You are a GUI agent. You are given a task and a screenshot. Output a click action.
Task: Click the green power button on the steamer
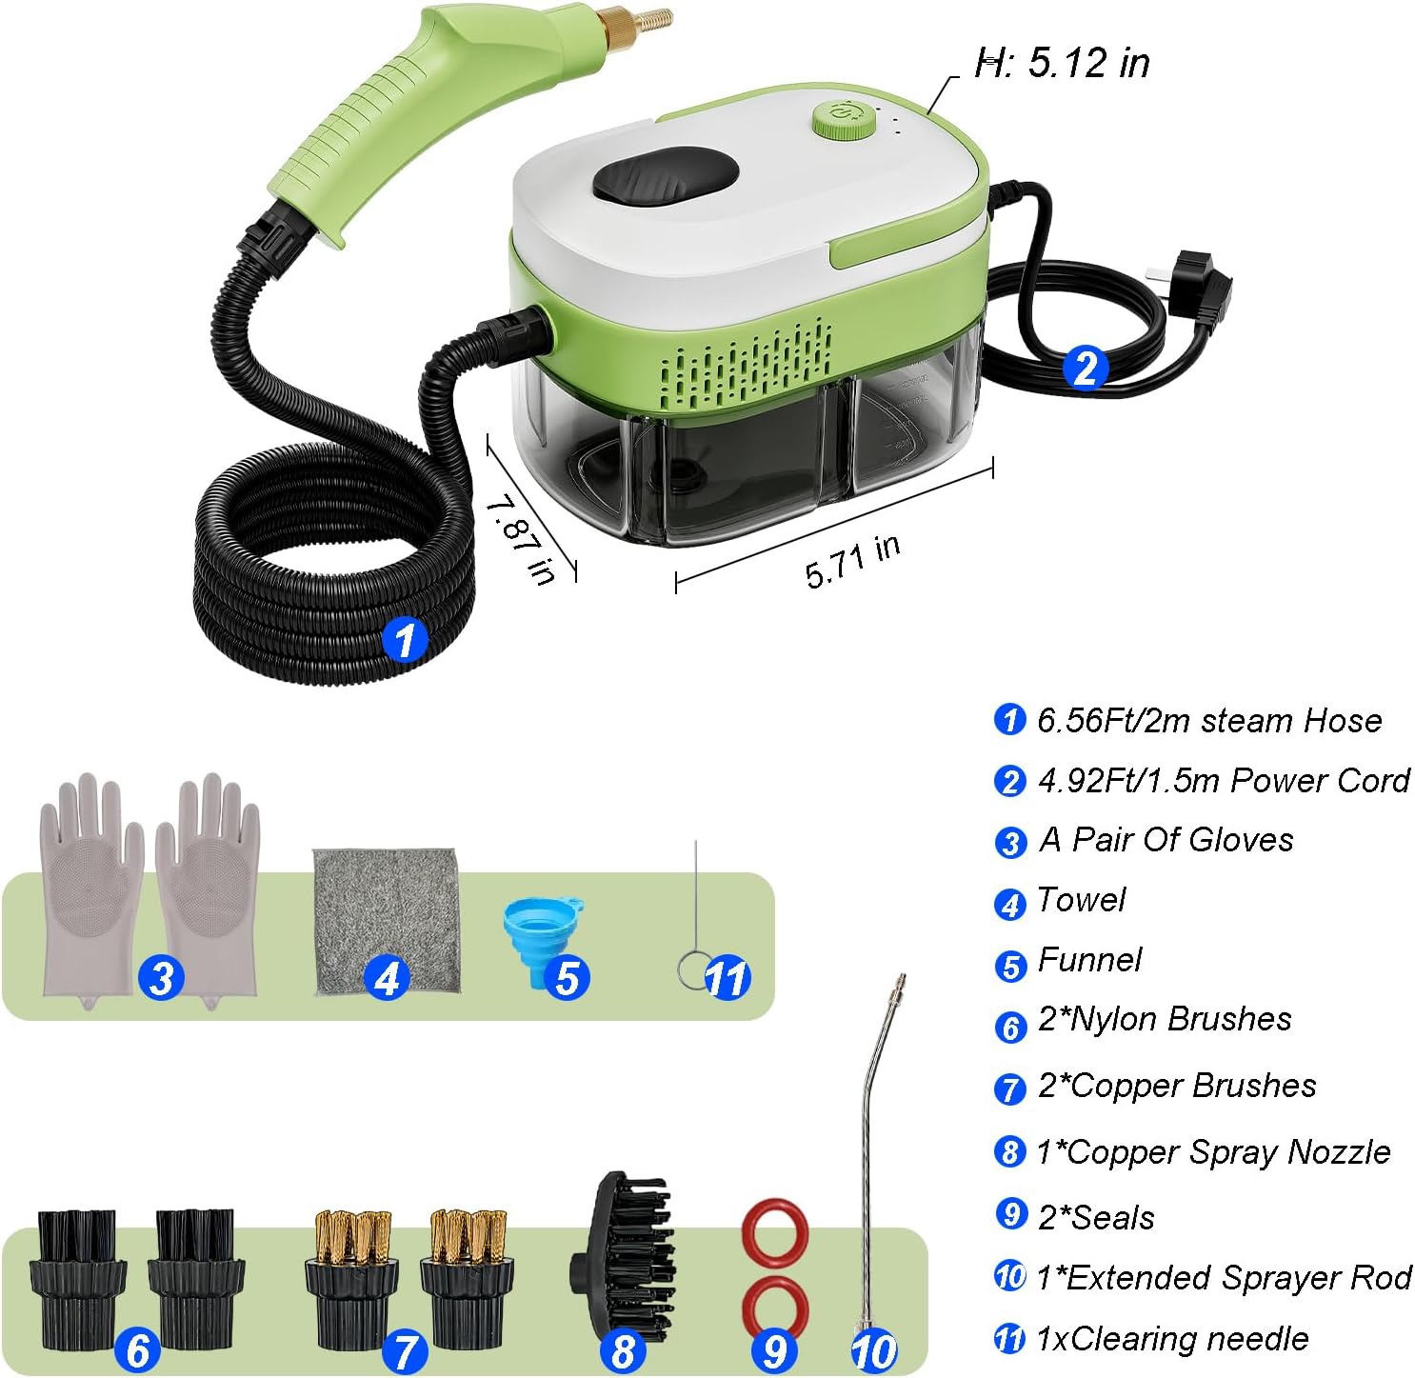coord(844,120)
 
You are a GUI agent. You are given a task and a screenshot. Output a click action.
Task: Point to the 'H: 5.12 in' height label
coord(1063,63)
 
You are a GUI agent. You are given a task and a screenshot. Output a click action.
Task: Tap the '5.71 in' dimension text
coord(852,561)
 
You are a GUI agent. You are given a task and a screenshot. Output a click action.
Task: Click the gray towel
coord(386,920)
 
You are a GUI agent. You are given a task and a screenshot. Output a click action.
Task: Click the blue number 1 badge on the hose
coord(405,639)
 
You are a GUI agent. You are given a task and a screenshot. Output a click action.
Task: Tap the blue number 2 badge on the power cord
coord(1085,368)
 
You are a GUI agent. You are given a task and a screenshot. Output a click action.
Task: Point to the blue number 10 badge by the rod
coord(873,1351)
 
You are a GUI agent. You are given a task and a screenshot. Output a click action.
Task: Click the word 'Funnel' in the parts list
coord(1089,960)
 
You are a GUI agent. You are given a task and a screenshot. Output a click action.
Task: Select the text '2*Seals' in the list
coord(1096,1218)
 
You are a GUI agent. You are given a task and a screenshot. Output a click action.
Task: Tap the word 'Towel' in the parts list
coord(1081,900)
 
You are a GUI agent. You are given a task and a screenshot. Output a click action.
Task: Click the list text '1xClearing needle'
coord(1171,1339)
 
